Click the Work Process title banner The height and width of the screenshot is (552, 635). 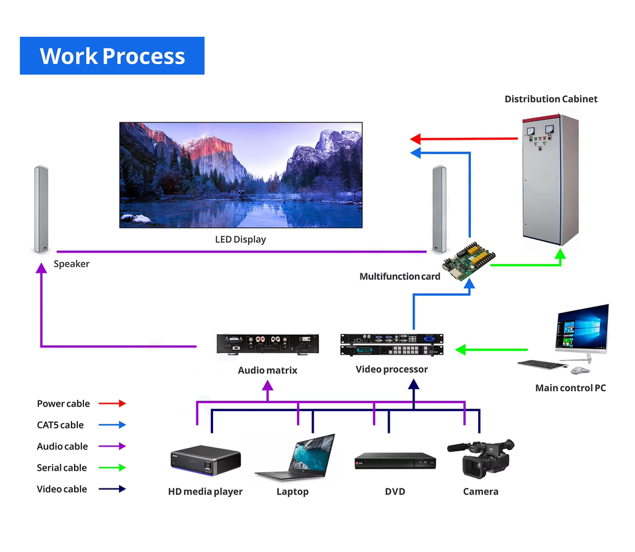click(x=112, y=56)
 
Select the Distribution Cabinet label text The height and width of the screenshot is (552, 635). click(x=550, y=99)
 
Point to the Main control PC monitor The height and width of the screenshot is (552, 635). click(x=582, y=330)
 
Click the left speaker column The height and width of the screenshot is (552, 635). click(x=41, y=208)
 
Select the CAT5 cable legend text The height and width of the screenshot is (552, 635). click(x=60, y=425)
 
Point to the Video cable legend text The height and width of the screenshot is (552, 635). click(x=62, y=489)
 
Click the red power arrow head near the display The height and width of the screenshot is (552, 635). click(x=416, y=139)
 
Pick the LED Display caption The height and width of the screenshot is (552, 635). click(x=240, y=239)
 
